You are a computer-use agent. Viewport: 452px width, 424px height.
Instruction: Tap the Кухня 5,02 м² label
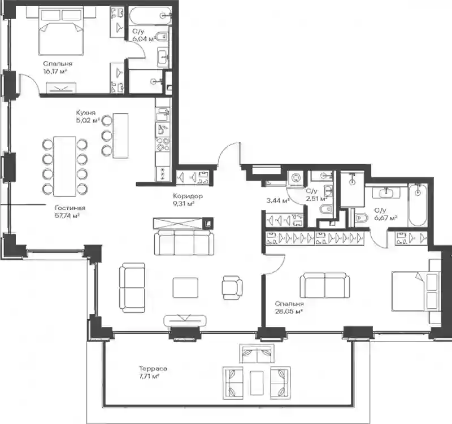tap(88, 116)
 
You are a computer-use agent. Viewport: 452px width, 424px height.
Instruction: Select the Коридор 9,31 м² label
tap(188, 200)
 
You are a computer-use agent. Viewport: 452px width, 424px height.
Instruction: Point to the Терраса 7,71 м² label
tap(153, 372)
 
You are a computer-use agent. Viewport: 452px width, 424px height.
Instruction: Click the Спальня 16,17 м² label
tap(58, 67)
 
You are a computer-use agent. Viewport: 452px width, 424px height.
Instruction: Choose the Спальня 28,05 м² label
tap(289, 307)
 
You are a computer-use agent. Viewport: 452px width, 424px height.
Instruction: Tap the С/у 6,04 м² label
tap(144, 35)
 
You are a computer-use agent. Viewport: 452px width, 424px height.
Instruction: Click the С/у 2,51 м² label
tap(316, 195)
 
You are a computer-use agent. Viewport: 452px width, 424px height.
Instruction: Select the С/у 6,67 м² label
tap(385, 214)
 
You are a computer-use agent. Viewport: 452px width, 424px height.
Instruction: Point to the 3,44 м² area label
tap(278, 200)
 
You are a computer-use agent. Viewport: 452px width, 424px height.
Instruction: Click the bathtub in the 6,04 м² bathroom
tap(150, 16)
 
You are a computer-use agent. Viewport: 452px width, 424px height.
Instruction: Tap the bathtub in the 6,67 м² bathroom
tap(417, 205)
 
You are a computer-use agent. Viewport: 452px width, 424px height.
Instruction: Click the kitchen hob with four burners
tap(163, 145)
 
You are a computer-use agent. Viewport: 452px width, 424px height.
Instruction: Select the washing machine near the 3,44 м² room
tap(295, 177)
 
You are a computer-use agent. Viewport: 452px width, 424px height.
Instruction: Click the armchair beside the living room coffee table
tap(232, 287)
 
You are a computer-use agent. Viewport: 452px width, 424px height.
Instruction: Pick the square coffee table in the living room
tap(185, 287)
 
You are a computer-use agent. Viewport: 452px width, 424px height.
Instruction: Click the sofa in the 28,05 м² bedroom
tap(325, 285)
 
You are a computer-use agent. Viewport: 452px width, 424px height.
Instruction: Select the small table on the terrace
tap(257, 383)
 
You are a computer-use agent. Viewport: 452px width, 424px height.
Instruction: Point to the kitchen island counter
tap(120, 135)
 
